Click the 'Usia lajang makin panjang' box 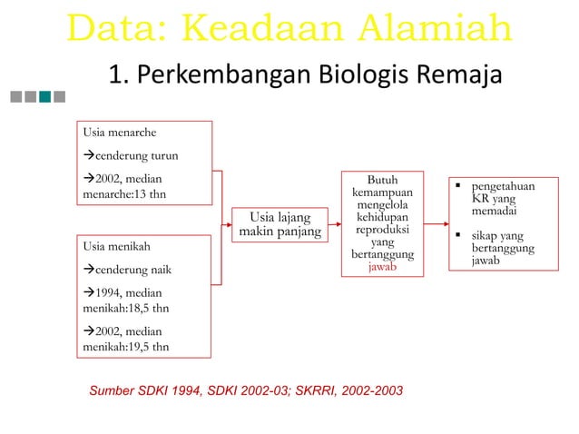(x=280, y=225)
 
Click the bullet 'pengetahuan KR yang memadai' (x=495, y=199)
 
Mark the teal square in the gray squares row (x=59, y=95)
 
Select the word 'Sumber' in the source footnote (x=110, y=390)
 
